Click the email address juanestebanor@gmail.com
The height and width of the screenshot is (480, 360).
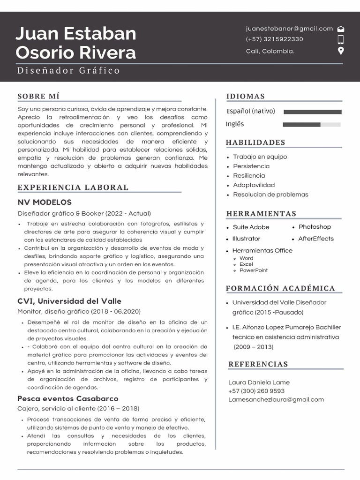pos(289,29)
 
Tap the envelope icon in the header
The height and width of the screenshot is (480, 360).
pos(341,29)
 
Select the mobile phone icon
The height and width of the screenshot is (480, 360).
pos(341,39)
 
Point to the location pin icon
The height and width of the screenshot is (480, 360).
pos(341,51)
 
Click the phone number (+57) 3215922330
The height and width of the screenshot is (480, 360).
pos(274,39)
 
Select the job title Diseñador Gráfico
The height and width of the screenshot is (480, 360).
pos(68,71)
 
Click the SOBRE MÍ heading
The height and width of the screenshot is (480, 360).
pos(38,97)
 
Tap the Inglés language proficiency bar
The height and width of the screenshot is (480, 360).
pos(312,125)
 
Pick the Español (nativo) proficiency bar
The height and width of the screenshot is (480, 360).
pos(313,112)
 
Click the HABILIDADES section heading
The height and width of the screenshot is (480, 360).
pos(255,142)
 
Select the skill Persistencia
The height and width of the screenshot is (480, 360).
pos(251,166)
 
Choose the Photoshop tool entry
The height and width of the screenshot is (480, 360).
pos(315,227)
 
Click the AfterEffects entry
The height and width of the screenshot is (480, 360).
pos(316,239)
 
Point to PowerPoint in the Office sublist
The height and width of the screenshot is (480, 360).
pos(254,270)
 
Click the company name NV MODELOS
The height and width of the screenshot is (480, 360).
pos(45,202)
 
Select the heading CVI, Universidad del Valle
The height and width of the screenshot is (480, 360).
pos(69,301)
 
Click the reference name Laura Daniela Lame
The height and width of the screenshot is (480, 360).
pos(259,382)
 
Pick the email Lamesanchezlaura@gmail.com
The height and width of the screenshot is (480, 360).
pos(276,400)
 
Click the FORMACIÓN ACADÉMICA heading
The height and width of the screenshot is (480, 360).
pos(280,288)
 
